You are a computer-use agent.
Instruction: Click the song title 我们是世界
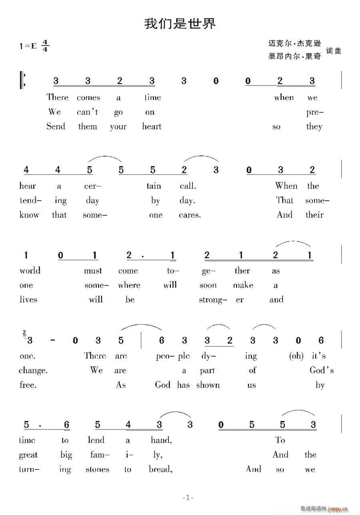coord(180,24)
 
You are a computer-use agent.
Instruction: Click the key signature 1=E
coord(28,46)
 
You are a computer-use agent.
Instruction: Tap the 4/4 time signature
coord(45,46)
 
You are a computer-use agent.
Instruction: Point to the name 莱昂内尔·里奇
coord(295,56)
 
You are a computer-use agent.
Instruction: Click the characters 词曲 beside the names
coord(333,51)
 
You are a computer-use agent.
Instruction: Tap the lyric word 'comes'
coord(88,98)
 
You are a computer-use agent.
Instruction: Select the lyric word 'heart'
coord(152,127)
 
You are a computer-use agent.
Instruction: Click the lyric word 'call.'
coord(188,186)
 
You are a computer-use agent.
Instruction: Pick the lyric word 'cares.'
coord(190,215)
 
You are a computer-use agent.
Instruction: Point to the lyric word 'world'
coord(30,271)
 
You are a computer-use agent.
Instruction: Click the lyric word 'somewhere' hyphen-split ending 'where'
coord(129,285)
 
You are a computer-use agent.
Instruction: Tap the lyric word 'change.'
coord(33,371)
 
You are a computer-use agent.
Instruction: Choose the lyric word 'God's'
coord(321,371)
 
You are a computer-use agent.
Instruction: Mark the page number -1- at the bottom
coord(188,497)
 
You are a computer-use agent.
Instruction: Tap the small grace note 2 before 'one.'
coord(25,333)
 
